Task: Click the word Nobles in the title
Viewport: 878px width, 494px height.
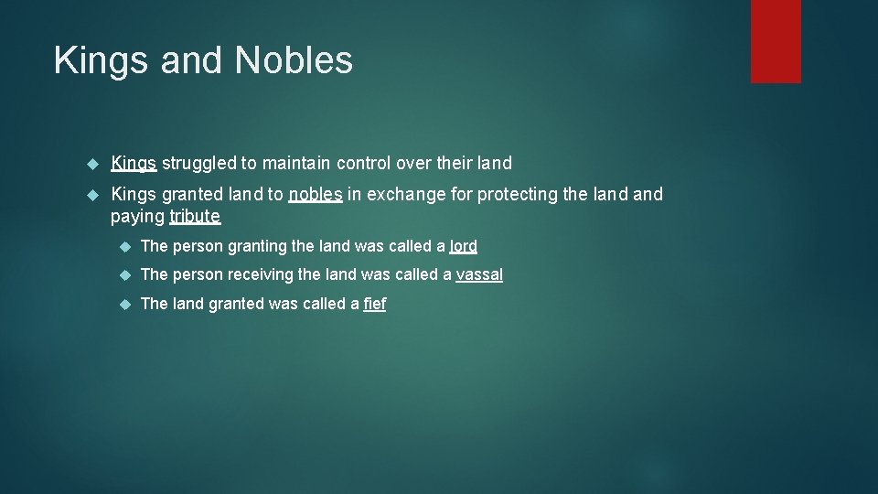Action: (294, 60)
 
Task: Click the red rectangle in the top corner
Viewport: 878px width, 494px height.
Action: (776, 41)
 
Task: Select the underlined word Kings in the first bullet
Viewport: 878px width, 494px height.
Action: (134, 164)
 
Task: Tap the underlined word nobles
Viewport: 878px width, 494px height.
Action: (316, 194)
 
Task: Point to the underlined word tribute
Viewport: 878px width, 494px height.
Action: (195, 217)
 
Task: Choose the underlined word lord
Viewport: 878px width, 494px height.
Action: (464, 246)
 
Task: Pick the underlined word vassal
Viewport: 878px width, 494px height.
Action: (479, 274)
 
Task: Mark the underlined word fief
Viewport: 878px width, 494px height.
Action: (375, 304)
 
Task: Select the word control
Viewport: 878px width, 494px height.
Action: (365, 164)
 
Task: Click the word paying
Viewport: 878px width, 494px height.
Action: (137, 217)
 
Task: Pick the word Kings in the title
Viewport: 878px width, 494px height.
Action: (102, 60)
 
